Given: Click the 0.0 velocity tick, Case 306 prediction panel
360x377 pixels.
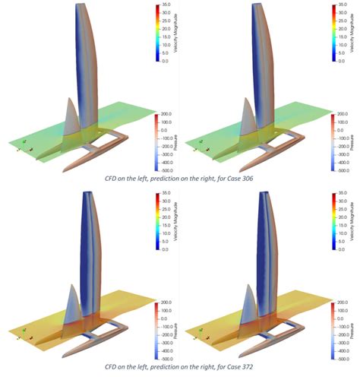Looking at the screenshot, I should click(344, 60).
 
